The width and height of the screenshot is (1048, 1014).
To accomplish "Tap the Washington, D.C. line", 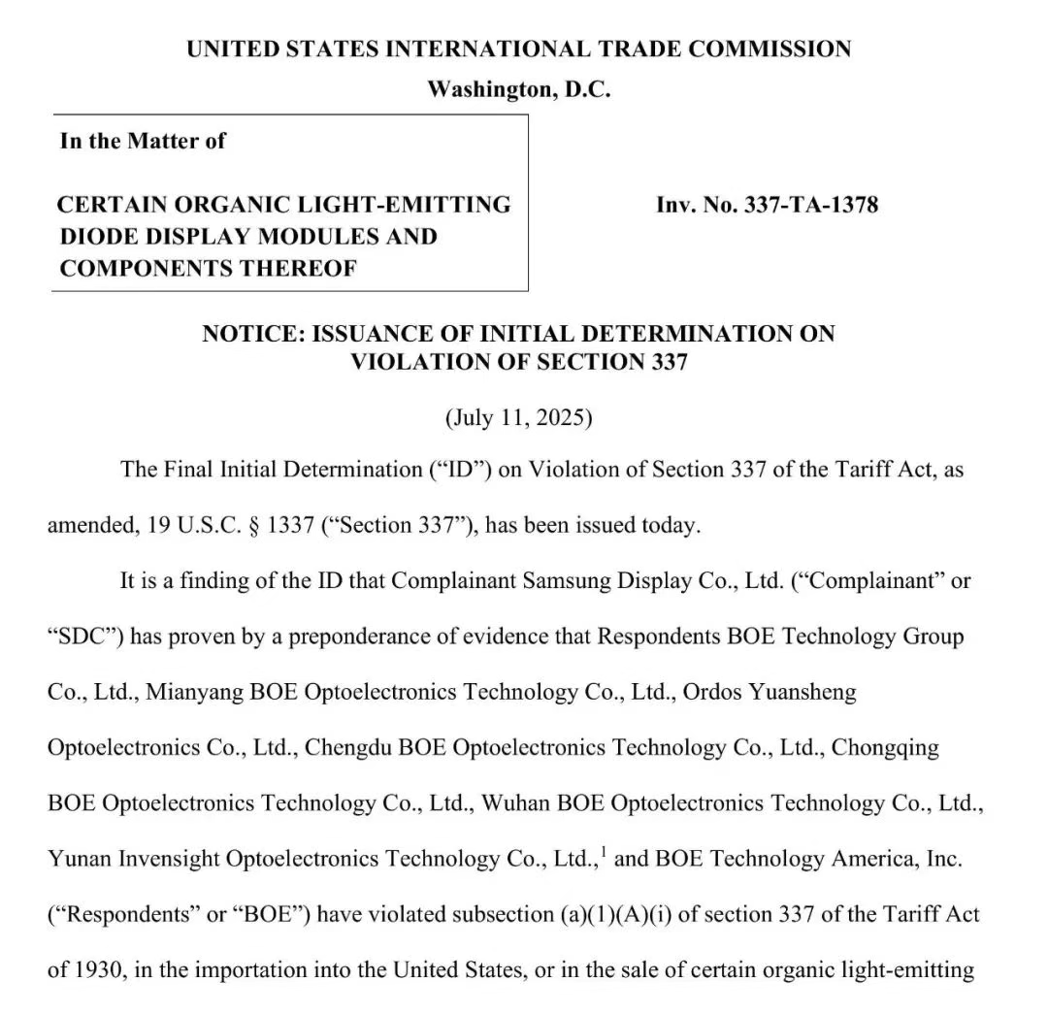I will tap(519, 90).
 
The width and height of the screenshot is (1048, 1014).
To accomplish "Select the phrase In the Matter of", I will tap(143, 141).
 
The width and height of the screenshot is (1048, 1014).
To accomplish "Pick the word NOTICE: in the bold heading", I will tap(251, 334).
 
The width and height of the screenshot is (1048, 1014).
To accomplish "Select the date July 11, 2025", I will tap(519, 418).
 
